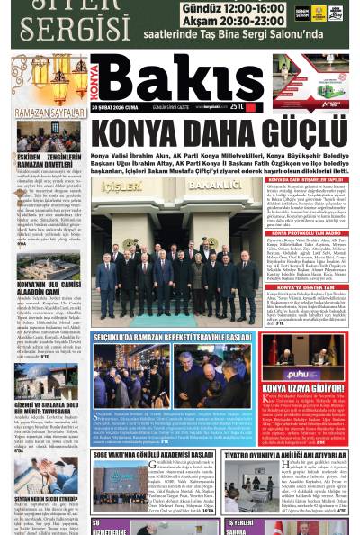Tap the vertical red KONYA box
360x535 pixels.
coord(97,80)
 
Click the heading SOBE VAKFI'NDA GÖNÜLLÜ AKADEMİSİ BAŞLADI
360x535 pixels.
coord(153,455)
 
